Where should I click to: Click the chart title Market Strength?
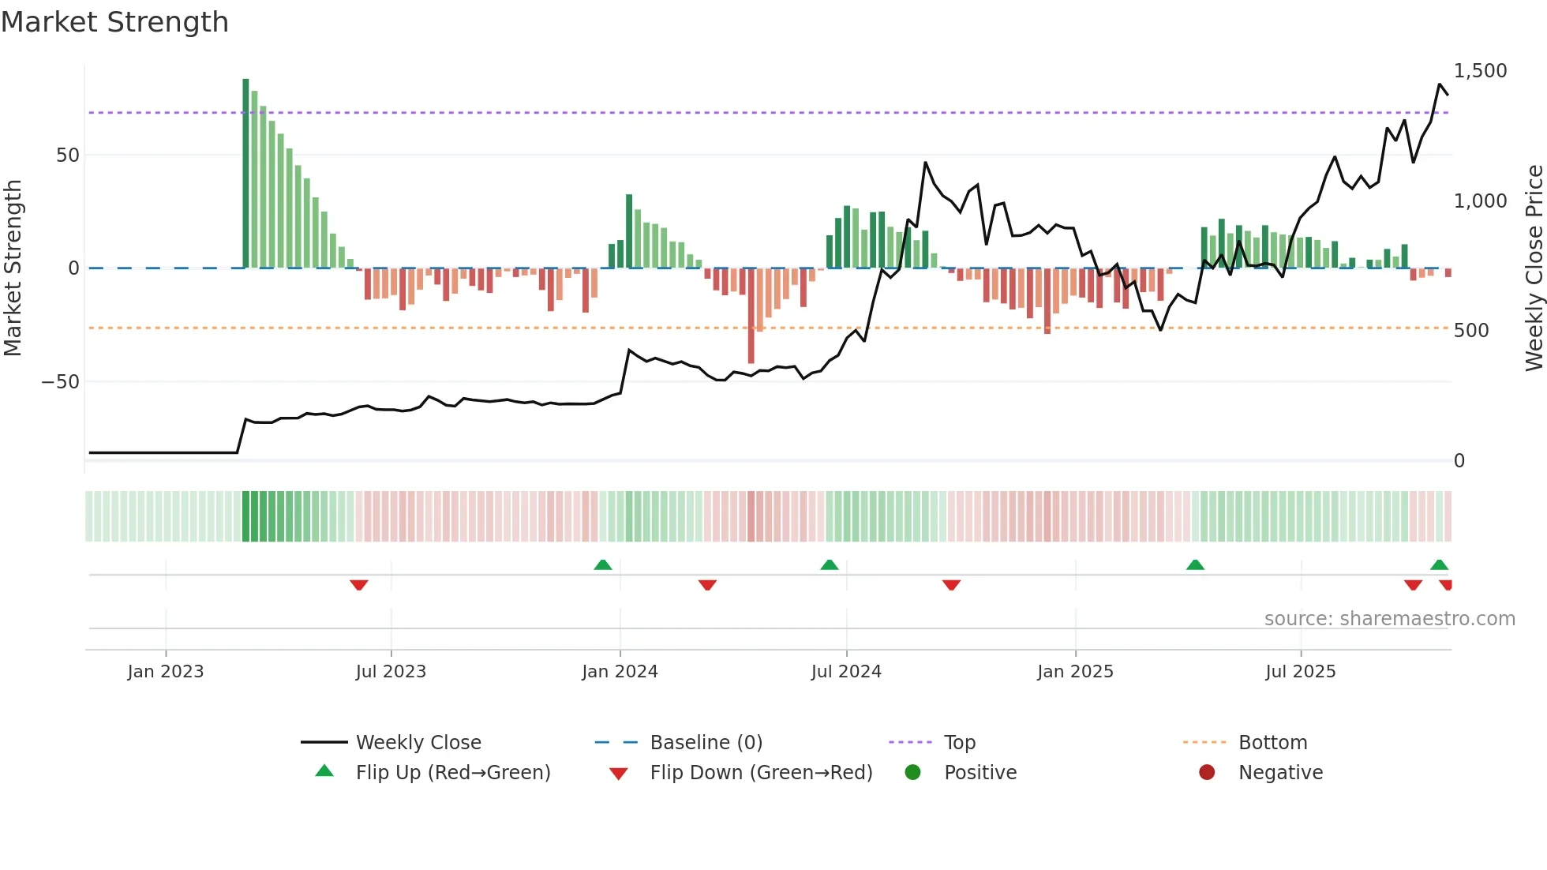pyautogui.click(x=114, y=22)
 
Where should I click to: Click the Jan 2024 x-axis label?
pyautogui.click(x=620, y=672)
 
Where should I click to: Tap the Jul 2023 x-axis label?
pyautogui.click(x=391, y=672)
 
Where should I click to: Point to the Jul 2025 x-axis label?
pyautogui.click(x=1300, y=672)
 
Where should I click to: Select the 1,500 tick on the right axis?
pyautogui.click(x=1480, y=71)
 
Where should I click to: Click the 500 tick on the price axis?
pyautogui.click(x=1470, y=331)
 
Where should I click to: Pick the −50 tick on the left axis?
pyautogui.click(x=61, y=382)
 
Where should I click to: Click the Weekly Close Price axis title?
pyautogui.click(x=1534, y=268)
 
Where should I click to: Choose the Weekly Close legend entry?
pyautogui.click(x=418, y=743)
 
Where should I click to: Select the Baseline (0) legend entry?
pyautogui.click(x=706, y=743)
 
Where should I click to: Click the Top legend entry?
pyautogui.click(x=960, y=743)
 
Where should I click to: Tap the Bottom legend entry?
pyautogui.click(x=1272, y=743)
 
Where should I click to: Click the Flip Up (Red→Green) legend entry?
pyautogui.click(x=452, y=773)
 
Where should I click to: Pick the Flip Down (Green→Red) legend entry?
pyautogui.click(x=761, y=773)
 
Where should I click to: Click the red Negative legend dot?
pyautogui.click(x=1207, y=773)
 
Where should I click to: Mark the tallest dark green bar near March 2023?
pyautogui.click(x=245, y=174)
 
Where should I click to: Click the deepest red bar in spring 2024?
pyautogui.click(x=751, y=316)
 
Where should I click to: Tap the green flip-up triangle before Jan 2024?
pyautogui.click(x=603, y=564)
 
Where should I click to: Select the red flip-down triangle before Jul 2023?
pyautogui.click(x=359, y=585)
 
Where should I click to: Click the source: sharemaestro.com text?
pyautogui.click(x=1389, y=619)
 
